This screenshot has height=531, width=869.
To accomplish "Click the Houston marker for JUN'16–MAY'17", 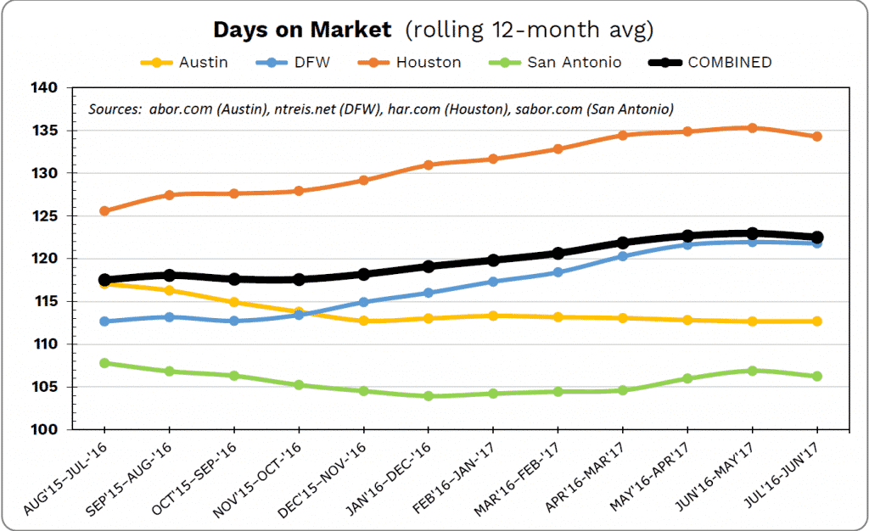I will [x=752, y=128].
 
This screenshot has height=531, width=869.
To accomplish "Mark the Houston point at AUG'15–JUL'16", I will [x=104, y=210].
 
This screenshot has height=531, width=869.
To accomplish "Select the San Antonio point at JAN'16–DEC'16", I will [x=429, y=396].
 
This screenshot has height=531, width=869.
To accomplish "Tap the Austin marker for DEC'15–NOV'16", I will [x=363, y=321].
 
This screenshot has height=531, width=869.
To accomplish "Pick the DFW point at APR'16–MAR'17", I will [x=622, y=256].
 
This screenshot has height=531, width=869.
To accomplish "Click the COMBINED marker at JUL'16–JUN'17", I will [x=816, y=238].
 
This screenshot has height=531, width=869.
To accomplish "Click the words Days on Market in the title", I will [x=302, y=31].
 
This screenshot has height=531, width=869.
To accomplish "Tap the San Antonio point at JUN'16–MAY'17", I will [x=752, y=371].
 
